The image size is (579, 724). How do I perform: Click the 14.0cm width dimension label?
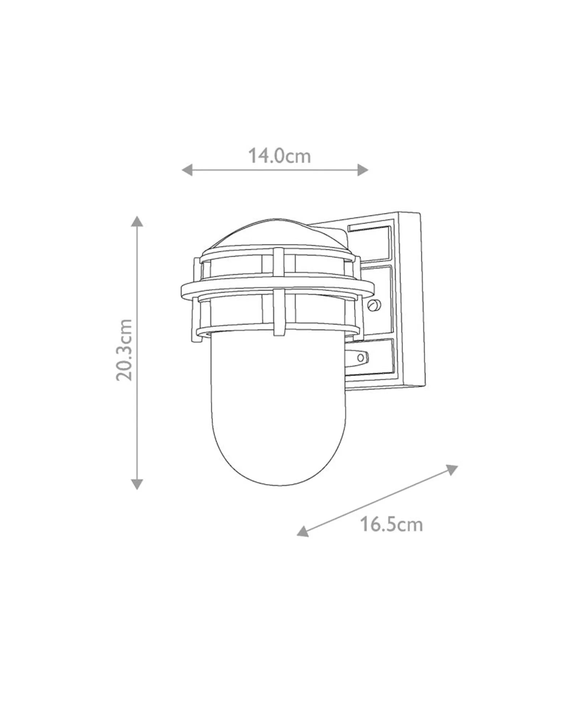279,156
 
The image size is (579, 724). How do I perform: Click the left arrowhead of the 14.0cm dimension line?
187,169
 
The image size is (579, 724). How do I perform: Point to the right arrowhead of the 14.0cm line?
363,169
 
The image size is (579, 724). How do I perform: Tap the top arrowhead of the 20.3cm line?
137,221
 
